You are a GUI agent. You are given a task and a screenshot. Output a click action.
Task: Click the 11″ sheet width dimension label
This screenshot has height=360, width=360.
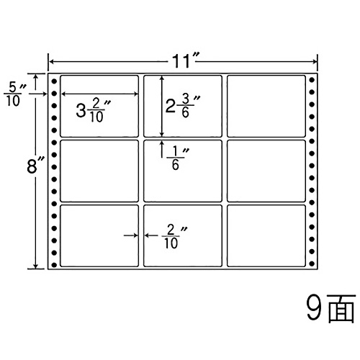click(183, 61)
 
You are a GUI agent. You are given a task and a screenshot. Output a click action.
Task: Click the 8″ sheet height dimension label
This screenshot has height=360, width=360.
click(35, 166)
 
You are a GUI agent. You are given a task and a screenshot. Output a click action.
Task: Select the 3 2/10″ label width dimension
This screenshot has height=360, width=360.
click(93, 111)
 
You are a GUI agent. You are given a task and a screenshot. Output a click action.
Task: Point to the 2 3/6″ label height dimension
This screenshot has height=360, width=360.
click(182, 106)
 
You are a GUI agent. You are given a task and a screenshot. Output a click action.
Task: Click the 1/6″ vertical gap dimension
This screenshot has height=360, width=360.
click(178, 158)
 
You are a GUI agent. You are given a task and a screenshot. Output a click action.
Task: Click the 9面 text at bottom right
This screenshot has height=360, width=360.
click(330, 308)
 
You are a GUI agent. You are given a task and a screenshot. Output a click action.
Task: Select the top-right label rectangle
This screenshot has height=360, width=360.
click(266, 106)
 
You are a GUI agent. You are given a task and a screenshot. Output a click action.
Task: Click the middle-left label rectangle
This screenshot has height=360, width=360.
click(99, 171)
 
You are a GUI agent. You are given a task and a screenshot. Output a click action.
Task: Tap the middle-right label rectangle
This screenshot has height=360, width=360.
click(266, 171)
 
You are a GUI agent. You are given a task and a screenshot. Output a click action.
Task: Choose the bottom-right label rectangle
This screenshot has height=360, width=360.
click(266, 235)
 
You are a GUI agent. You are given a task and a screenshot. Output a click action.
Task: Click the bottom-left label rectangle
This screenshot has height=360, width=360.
click(99, 235)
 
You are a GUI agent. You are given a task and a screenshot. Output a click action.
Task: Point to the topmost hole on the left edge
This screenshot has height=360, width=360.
click(54, 81)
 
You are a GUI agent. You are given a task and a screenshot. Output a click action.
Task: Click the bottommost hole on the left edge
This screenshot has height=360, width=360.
click(54, 265)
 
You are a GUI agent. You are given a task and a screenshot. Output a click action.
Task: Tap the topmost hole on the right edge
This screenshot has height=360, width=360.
click(312, 80)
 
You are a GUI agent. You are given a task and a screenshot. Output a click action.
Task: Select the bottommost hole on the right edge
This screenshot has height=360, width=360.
click(312, 264)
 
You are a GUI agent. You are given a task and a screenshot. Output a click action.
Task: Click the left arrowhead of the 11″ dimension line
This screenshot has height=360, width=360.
click(51, 62)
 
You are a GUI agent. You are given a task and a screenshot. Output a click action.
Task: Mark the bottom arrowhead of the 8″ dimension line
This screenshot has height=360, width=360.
click(36, 266)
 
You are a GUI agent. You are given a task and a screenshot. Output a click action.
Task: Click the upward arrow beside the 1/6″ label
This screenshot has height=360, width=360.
click(162, 149)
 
